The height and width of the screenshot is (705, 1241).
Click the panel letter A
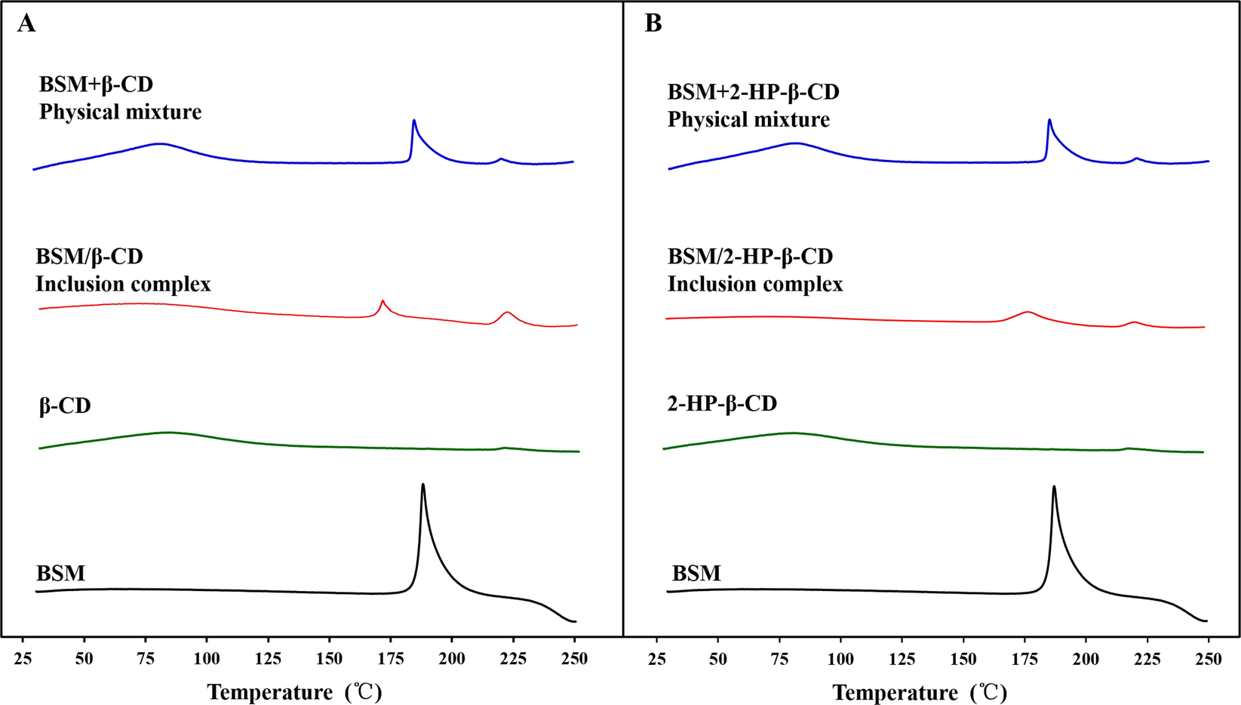[26, 24]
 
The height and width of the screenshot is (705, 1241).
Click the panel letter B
[653, 24]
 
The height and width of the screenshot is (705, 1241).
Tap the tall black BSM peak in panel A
[423, 487]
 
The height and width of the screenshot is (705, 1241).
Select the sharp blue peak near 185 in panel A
[413, 122]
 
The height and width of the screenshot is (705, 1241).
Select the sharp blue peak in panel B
[1049, 121]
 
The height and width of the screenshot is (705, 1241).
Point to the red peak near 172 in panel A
[382, 303]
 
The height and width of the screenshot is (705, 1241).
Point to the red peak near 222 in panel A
[507, 312]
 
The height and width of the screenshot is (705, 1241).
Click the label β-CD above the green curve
[65, 406]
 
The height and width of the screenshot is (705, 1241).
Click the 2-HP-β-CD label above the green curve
[722, 404]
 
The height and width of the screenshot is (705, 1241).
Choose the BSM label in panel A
[60, 574]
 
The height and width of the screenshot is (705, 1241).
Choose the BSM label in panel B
[696, 574]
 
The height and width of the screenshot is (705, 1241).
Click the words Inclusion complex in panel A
[123, 285]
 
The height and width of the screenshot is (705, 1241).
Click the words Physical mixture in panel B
[748, 120]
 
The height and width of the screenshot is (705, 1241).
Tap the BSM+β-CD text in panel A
[96, 85]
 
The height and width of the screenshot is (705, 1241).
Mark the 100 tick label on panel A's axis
[207, 659]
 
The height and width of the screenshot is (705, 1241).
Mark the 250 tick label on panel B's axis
[1209, 659]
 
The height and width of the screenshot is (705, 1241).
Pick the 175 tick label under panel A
[391, 659]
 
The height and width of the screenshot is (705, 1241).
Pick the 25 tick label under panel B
[658, 659]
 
